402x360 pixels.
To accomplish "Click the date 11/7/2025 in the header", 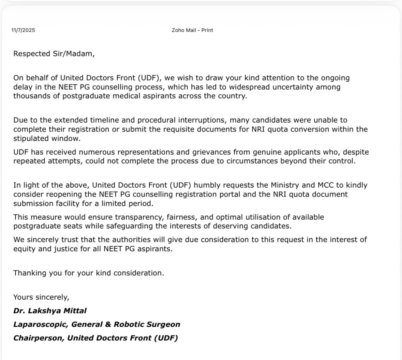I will coord(23,30).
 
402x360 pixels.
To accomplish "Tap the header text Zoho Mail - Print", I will coord(192,30).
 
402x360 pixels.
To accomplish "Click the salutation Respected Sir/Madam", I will coord(54,54).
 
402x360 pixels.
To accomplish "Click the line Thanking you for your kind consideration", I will coord(89,273).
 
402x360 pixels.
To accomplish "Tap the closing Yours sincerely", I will coord(41,297).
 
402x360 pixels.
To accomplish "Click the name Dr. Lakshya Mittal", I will coord(50,311).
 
